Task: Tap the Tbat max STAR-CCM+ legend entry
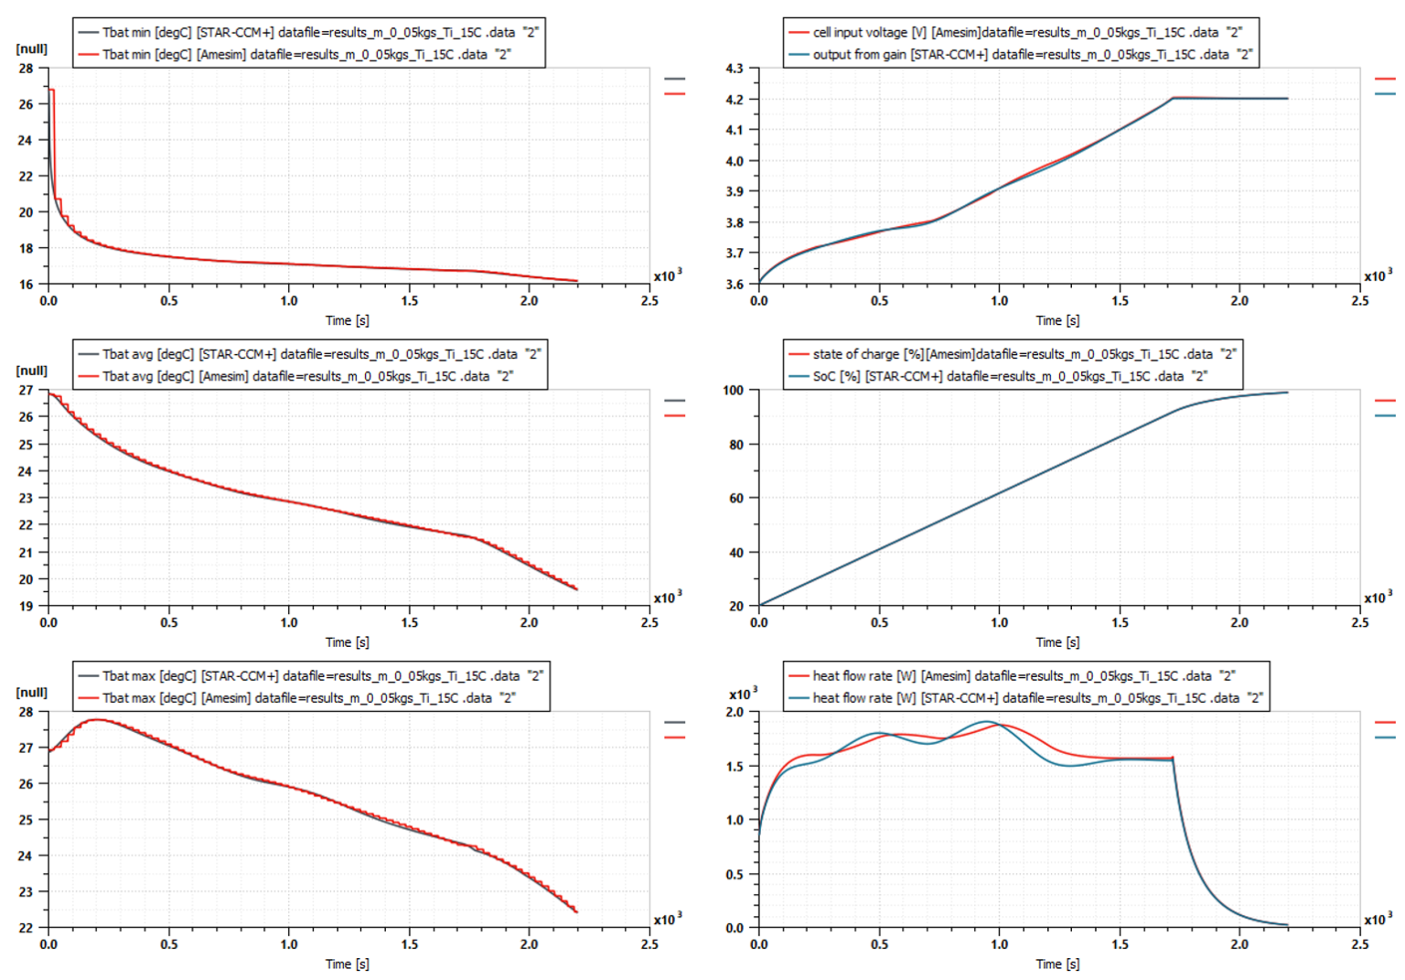point(311,676)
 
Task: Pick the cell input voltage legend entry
point(1015,32)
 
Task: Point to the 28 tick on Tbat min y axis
point(26,69)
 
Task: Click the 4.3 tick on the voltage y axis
point(735,69)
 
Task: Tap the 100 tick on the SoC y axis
point(734,391)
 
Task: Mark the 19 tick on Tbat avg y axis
point(26,606)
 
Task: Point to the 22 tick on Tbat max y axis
point(26,928)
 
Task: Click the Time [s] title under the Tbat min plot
point(348,320)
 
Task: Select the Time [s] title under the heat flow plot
point(1057,964)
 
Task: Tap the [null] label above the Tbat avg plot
point(32,371)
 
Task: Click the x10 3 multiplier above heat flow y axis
point(743,694)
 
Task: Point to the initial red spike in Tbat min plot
point(52,90)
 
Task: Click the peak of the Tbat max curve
point(97,720)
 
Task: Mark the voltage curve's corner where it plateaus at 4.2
point(1173,98)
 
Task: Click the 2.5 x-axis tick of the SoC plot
point(1360,622)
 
